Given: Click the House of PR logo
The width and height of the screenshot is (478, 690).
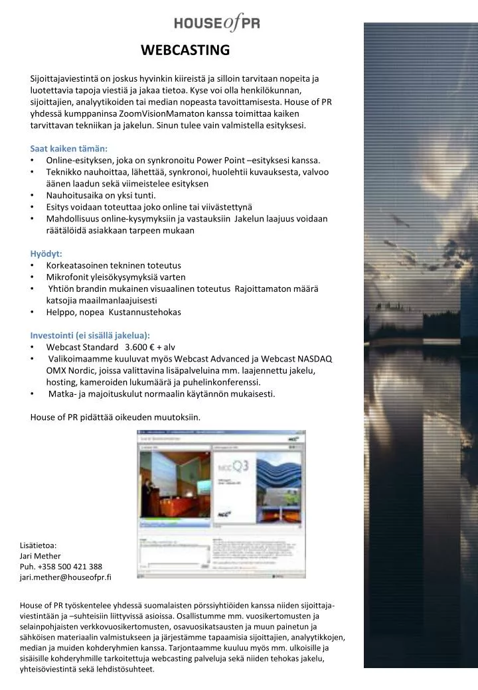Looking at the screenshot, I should (216, 24).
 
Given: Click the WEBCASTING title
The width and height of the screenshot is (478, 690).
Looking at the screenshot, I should (185, 50).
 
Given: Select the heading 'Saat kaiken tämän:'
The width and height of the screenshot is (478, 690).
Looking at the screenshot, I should (68, 149).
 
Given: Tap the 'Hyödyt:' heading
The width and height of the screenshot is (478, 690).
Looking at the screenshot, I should (46, 253).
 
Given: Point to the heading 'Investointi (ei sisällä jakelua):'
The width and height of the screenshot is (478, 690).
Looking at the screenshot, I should (90, 335).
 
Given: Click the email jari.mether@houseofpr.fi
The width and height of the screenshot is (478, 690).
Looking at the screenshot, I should (66, 577).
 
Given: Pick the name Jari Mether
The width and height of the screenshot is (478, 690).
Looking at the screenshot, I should (40, 556).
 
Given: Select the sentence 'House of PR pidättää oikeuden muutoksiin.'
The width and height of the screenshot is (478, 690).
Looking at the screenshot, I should (115, 417).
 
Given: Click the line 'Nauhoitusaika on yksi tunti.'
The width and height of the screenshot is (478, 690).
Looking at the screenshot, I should (101, 195).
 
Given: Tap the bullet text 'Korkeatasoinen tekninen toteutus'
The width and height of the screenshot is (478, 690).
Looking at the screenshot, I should (114, 265).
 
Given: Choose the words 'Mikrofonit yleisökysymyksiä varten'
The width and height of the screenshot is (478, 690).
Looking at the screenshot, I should (116, 277).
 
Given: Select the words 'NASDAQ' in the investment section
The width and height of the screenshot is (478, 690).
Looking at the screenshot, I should (315, 359).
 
